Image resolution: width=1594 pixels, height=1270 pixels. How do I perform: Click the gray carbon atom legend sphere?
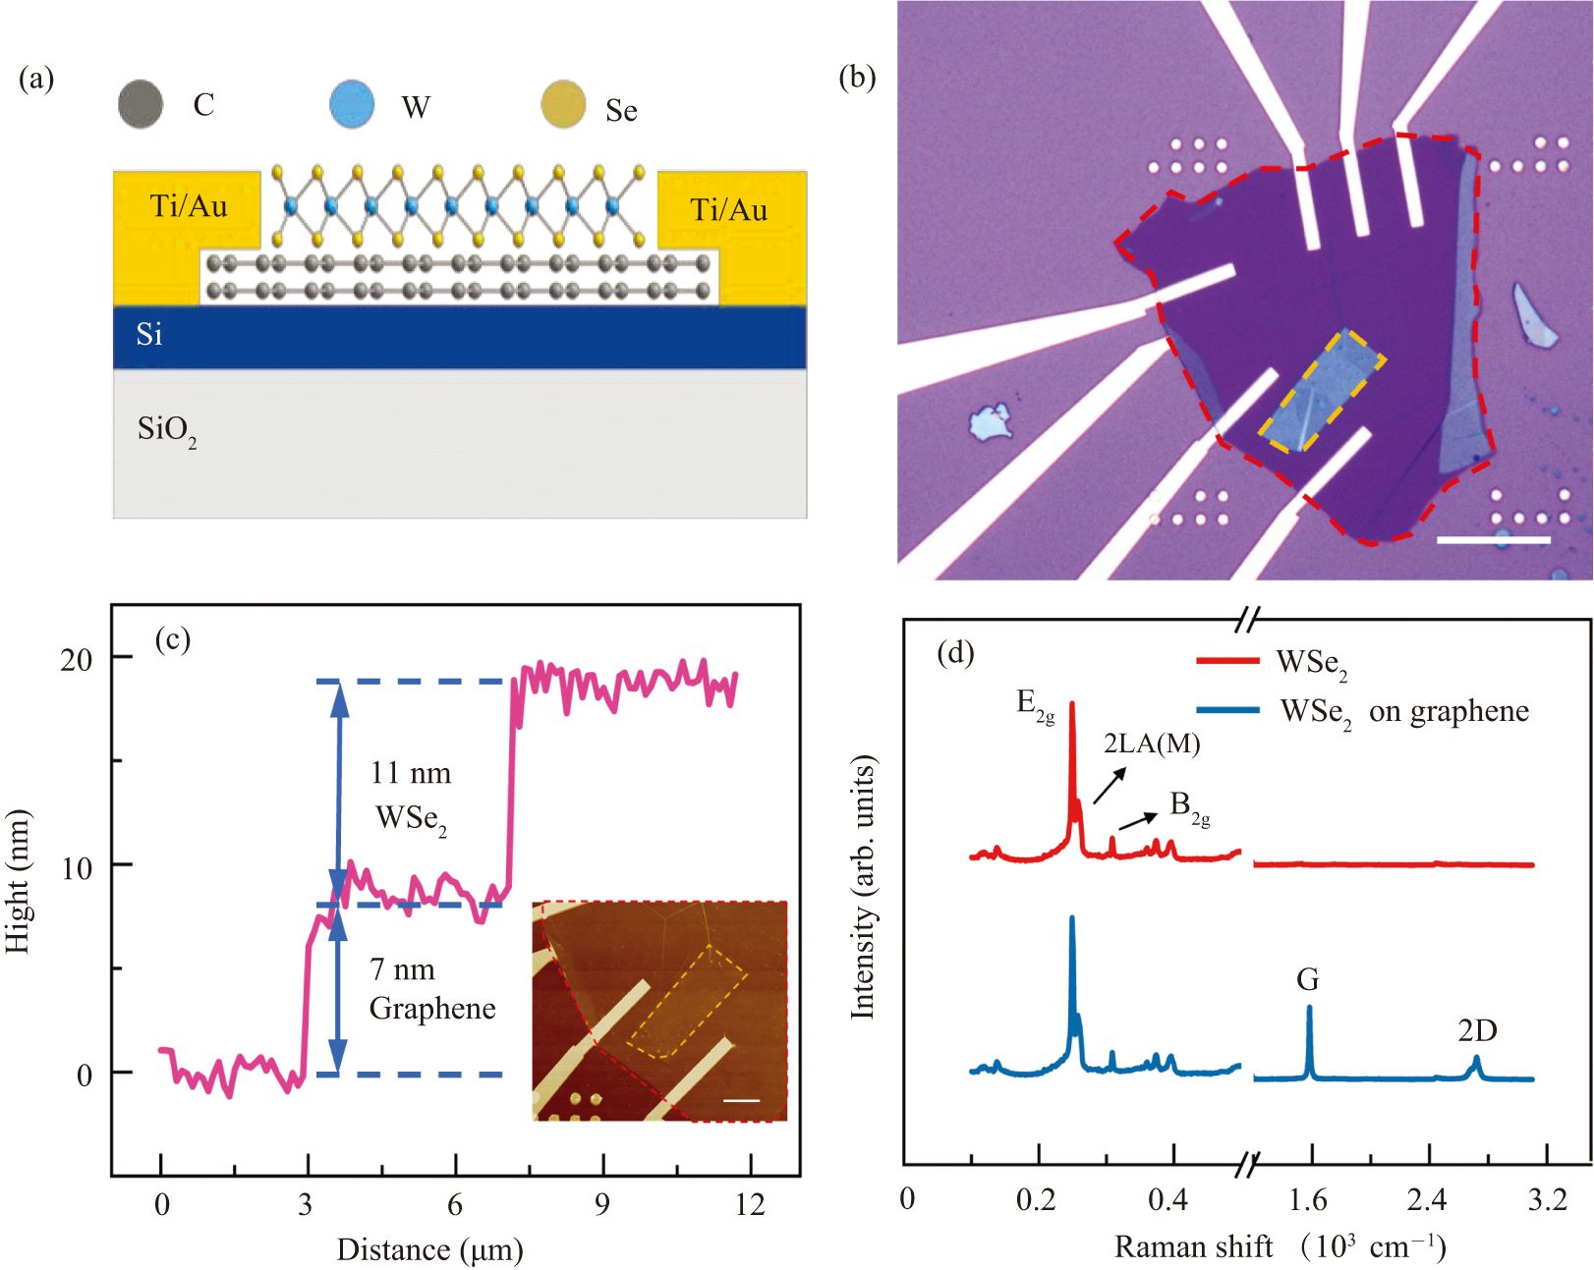(x=141, y=104)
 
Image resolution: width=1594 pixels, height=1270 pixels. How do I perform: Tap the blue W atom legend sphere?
(x=352, y=104)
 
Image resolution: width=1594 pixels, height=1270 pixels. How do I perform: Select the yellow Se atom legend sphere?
(x=563, y=106)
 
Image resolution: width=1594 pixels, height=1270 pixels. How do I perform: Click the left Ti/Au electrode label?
(x=188, y=206)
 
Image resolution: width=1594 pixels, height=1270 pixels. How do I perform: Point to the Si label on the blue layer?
(x=149, y=335)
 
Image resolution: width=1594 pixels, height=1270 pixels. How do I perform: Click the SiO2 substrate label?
(x=166, y=430)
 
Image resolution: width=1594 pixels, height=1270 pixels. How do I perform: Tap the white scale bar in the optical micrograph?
(x=1493, y=539)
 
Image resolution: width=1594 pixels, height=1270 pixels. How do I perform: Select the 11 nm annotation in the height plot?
(x=411, y=774)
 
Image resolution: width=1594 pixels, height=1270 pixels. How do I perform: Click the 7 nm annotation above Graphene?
(x=402, y=970)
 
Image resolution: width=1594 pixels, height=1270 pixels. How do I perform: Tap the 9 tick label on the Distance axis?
(x=601, y=1205)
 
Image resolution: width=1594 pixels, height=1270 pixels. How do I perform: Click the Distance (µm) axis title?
(x=429, y=1250)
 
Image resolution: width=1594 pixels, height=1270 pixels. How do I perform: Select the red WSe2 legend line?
(x=1227, y=661)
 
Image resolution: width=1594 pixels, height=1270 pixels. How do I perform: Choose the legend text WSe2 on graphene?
(x=1404, y=712)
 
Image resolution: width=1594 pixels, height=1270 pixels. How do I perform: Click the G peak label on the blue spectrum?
(x=1307, y=979)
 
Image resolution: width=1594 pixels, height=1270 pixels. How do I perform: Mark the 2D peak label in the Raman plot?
(x=1476, y=1030)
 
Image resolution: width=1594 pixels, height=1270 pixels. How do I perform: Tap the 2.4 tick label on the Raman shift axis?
(x=1426, y=1200)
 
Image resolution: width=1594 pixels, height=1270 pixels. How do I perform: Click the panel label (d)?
(x=954, y=652)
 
